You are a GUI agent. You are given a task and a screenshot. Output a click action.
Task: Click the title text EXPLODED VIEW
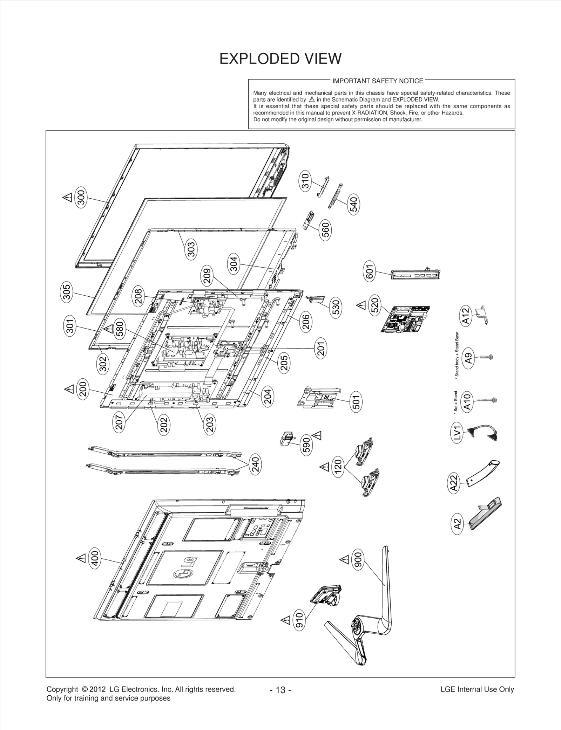[280, 59]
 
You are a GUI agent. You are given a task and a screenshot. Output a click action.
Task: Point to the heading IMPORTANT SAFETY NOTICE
[378, 81]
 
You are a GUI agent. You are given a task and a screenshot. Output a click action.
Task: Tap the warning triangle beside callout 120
[324, 467]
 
